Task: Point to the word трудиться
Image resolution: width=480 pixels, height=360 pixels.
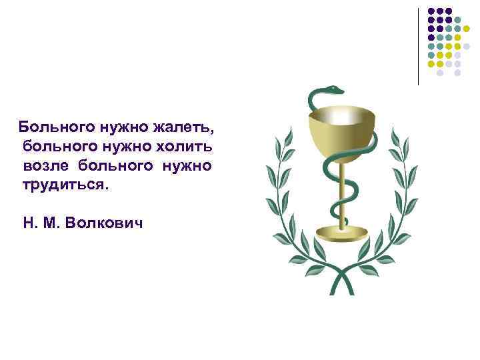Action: tap(64, 183)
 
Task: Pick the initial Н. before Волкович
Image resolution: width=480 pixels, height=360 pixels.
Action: tap(30, 220)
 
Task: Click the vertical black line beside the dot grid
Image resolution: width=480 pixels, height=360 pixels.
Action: tap(418, 47)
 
